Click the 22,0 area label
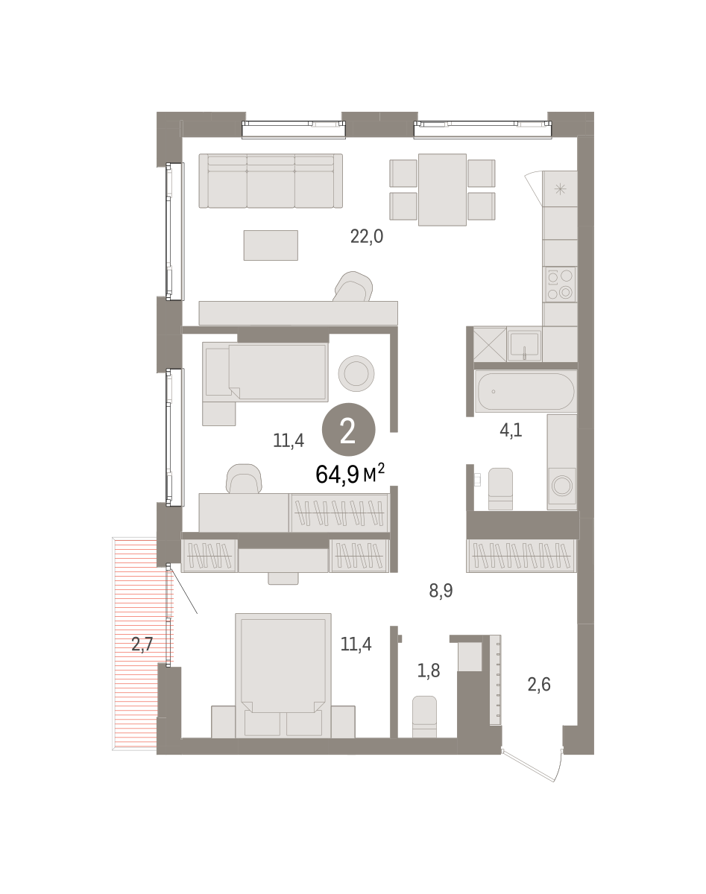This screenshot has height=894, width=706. click(366, 237)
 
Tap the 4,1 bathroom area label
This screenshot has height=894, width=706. click(511, 431)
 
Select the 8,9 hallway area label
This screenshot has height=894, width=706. click(441, 590)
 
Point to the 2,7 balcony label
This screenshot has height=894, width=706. click(142, 644)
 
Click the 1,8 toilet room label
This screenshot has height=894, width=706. click(428, 670)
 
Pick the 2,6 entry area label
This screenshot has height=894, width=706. click(539, 684)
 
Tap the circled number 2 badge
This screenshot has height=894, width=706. click(348, 430)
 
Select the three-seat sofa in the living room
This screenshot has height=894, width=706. click(271, 181)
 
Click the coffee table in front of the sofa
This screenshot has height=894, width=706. click(271, 246)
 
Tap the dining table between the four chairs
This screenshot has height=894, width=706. click(442, 190)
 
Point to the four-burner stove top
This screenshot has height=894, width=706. click(560, 285)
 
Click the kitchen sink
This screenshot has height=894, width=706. click(524, 346)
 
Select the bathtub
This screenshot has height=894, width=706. click(526, 391)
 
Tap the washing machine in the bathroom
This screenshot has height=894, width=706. click(561, 485)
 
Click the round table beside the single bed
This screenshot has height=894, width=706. click(356, 373)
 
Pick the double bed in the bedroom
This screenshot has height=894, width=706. click(283, 676)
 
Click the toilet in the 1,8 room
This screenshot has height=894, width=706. click(424, 717)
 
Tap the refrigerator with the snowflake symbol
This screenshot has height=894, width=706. click(560, 189)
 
